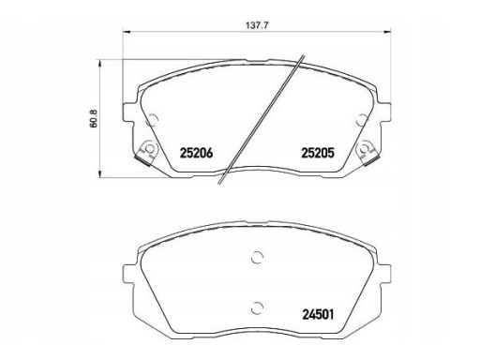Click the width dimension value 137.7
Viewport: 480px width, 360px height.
point(256,25)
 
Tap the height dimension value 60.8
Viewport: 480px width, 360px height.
point(94,118)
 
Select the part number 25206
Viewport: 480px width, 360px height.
point(197,153)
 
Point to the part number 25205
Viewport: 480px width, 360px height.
point(318,153)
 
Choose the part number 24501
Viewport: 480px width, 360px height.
point(318,314)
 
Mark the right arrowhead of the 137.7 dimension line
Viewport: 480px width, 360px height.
point(387,32)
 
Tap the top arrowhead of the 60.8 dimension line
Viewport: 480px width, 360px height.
point(100,64)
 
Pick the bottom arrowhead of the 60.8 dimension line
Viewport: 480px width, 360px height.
point(100,174)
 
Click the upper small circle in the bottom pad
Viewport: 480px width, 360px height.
point(258,258)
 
